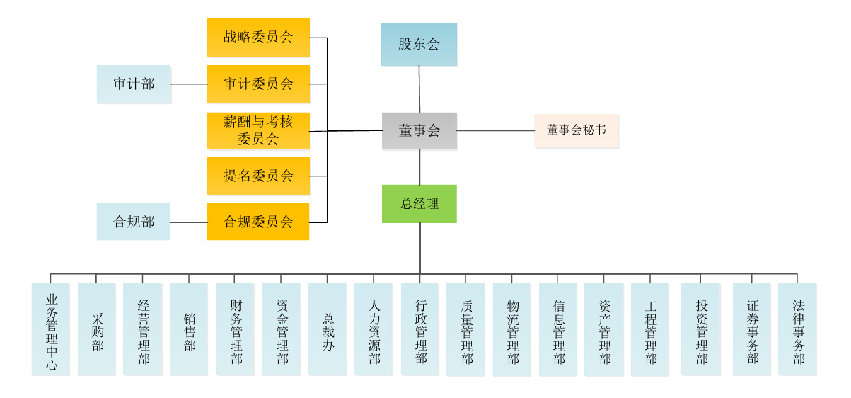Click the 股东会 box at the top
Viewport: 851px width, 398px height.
coord(419,44)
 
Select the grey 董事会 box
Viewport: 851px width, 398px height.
coord(419,131)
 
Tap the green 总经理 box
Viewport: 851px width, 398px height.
coord(419,204)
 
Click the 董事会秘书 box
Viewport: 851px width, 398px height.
coord(576,130)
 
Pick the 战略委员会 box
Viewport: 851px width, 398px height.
coord(258,38)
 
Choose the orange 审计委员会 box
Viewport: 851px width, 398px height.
coord(258,84)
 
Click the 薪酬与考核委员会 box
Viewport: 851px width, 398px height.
coord(258,131)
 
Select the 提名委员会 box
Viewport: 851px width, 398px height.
coord(258,176)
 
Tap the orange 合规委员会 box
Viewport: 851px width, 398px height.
coord(258,222)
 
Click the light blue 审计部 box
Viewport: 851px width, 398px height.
coord(134,84)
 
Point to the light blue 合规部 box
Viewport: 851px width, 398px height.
coord(134,222)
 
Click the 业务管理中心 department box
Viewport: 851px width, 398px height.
coord(51,329)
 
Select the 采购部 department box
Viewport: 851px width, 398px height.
coord(97,329)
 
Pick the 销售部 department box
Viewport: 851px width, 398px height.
coord(189,329)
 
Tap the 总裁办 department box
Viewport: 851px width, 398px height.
coord(327,329)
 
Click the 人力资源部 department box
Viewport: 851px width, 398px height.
coord(374,329)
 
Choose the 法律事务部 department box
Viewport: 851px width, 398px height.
coord(797,329)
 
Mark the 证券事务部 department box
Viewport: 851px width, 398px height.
coord(751,329)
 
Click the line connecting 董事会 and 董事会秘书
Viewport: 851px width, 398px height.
coord(495,130)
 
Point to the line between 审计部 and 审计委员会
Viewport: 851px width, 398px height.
coord(189,84)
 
